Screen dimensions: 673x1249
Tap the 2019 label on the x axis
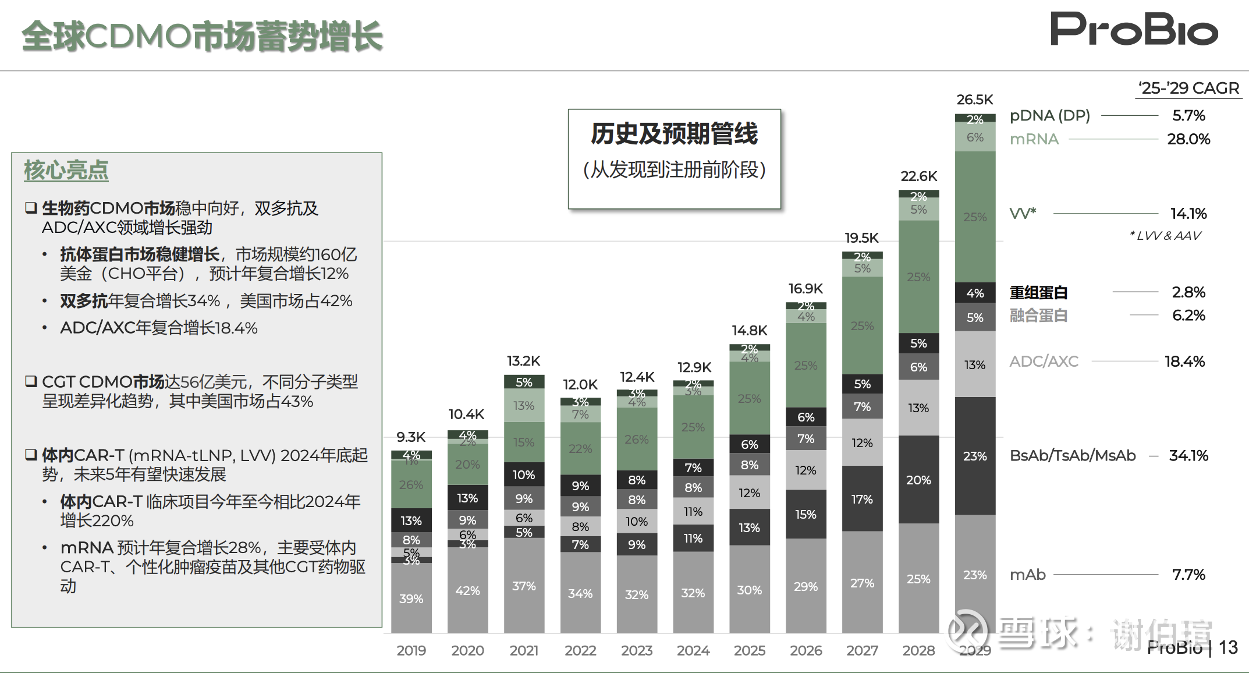click(411, 650)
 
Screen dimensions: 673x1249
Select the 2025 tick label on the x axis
click(749, 650)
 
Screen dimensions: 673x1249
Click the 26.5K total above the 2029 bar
click(974, 100)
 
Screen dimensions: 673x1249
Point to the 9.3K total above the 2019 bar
click(411, 437)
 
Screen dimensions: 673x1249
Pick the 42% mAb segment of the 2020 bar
click(467, 590)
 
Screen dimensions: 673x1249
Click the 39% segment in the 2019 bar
click(411, 598)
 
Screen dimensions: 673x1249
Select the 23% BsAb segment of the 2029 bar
click(975, 456)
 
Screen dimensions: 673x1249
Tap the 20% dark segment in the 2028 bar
click(918, 480)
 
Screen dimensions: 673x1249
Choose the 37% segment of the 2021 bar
click(524, 586)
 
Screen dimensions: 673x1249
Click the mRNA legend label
click(1034, 139)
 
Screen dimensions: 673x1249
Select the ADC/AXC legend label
click(1044, 361)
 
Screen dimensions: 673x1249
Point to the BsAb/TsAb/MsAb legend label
click(1073, 455)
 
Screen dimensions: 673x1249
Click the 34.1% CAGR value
click(1188, 455)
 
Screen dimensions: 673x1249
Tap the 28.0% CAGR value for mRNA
click(1188, 139)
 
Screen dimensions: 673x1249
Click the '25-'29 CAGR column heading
click(1189, 88)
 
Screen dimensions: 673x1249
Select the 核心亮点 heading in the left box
click(66, 170)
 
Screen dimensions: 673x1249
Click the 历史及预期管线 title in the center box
click(674, 134)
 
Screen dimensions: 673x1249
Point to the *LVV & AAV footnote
click(1165, 235)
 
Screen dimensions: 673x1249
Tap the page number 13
click(1228, 647)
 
